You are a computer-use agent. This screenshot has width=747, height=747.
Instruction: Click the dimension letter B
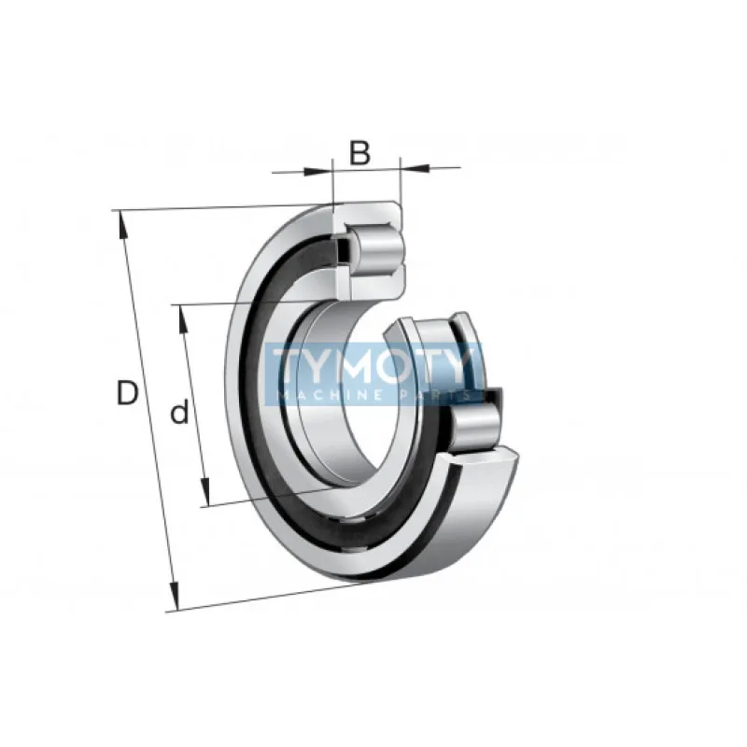click(x=359, y=152)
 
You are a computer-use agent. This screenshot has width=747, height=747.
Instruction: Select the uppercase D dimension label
click(x=127, y=392)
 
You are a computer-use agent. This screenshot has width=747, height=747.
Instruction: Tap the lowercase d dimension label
click(x=180, y=413)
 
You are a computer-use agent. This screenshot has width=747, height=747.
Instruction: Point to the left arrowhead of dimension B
click(x=318, y=172)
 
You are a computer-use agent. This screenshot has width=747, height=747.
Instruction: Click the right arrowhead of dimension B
click(x=415, y=168)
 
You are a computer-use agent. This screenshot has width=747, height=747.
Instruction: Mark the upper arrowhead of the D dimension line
click(x=123, y=224)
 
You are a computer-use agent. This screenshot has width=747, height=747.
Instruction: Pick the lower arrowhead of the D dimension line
click(x=175, y=596)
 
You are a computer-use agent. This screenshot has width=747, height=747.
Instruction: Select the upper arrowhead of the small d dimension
click(x=182, y=318)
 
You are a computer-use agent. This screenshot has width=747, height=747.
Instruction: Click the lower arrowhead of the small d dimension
click(x=205, y=492)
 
